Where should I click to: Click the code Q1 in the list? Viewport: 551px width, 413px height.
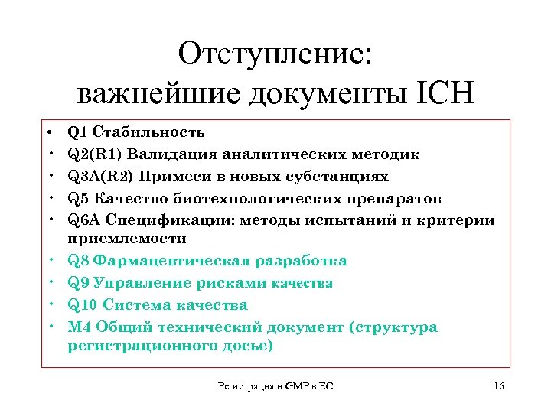(x=77, y=132)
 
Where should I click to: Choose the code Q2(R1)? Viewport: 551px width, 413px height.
(x=95, y=154)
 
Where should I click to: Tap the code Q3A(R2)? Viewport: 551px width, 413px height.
(x=99, y=177)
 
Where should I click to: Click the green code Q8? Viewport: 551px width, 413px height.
(x=77, y=261)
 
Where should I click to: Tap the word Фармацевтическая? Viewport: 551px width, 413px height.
(x=168, y=261)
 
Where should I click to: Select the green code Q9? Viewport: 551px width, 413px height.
(x=77, y=283)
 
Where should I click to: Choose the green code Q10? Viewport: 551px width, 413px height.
(x=82, y=305)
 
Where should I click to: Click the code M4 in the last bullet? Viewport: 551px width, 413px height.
(x=79, y=327)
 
